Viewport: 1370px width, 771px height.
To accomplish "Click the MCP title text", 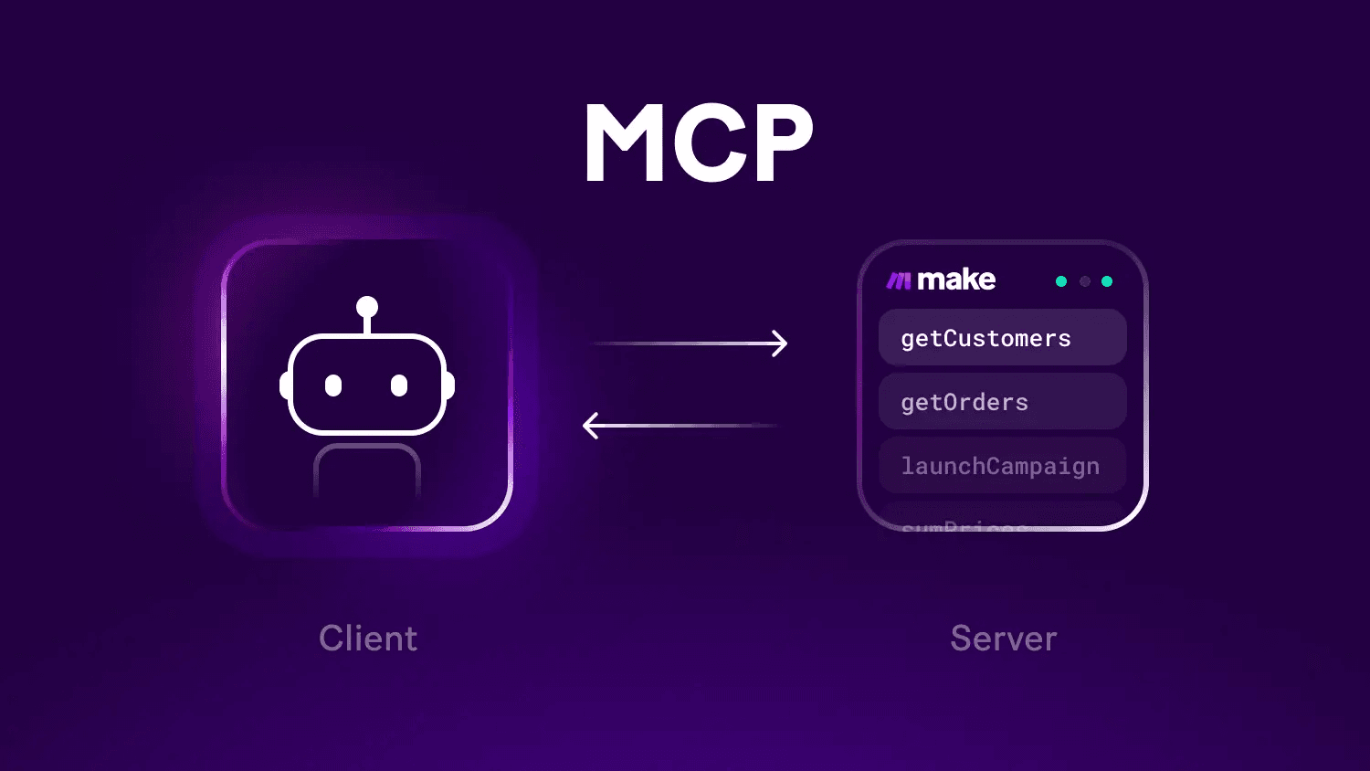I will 699,143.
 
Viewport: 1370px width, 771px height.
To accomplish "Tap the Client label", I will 368,639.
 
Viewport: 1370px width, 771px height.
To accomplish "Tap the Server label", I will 1004,639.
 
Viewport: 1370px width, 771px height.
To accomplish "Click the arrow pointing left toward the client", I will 680,426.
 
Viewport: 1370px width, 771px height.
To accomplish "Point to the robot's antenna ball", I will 367,306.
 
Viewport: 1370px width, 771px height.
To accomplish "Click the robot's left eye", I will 333,385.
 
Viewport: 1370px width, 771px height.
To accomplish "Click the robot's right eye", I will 399,385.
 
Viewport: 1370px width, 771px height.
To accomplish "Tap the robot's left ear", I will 285,385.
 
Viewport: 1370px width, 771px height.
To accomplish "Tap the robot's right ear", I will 449,385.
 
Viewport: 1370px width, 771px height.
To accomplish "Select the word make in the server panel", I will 955,280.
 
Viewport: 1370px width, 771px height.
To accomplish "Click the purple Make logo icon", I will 899,280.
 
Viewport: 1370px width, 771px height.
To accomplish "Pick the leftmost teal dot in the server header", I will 1061,281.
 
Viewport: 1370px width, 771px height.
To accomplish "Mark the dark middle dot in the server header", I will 1085,281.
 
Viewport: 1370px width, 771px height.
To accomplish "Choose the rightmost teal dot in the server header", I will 1107,281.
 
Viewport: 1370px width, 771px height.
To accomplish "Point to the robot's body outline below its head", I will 367,466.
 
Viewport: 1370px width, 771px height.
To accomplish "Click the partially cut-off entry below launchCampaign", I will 964,524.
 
